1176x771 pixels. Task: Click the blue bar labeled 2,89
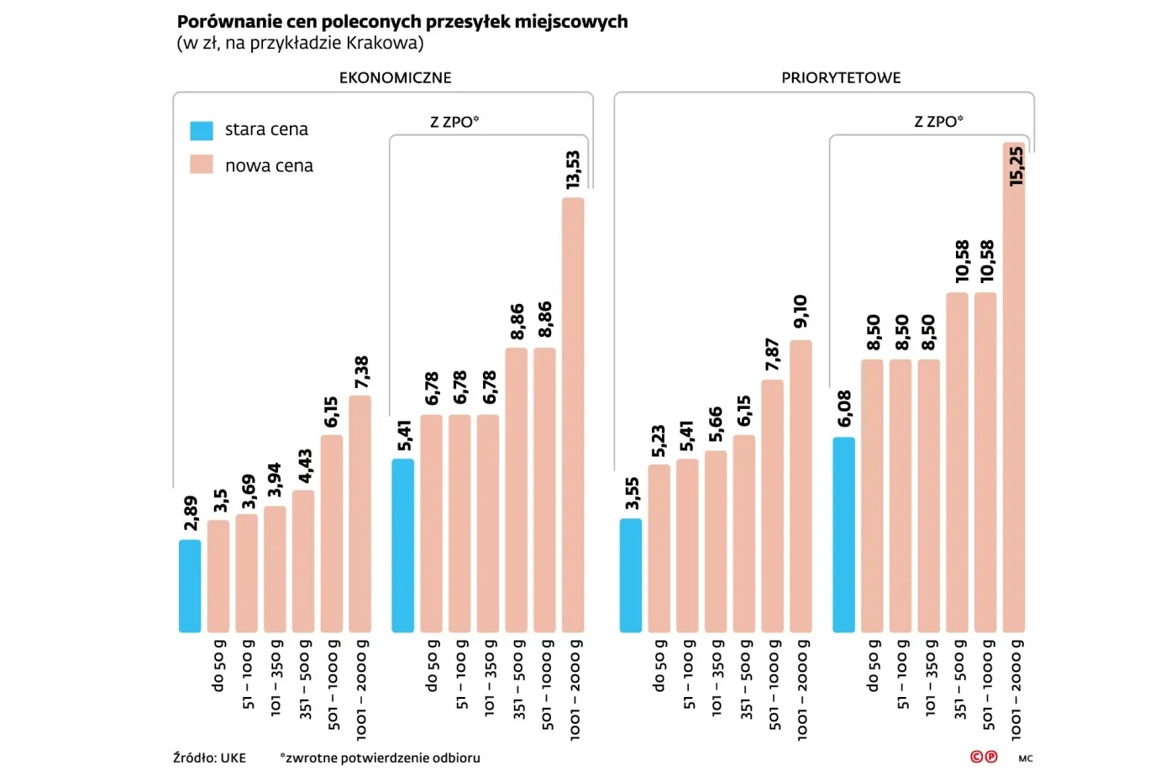point(190,585)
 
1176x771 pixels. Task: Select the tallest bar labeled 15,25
point(1014,386)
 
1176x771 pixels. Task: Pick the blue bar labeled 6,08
point(843,534)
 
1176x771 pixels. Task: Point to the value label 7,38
point(361,372)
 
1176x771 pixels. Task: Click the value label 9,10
point(801,312)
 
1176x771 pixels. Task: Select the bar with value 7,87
point(773,506)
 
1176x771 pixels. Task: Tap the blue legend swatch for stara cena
point(202,130)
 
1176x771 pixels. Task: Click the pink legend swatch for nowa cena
point(202,165)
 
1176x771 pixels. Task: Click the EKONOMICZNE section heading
point(395,78)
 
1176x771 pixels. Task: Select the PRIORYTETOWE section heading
point(841,78)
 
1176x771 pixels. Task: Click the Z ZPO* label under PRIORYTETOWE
point(938,122)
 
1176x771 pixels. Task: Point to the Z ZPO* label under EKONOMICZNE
point(454,122)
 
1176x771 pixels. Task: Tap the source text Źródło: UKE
point(209,758)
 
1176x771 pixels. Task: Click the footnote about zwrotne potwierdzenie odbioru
point(380,758)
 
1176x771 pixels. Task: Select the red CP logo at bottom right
point(984,757)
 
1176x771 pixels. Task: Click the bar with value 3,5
point(218,575)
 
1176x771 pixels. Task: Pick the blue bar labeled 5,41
point(403,545)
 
